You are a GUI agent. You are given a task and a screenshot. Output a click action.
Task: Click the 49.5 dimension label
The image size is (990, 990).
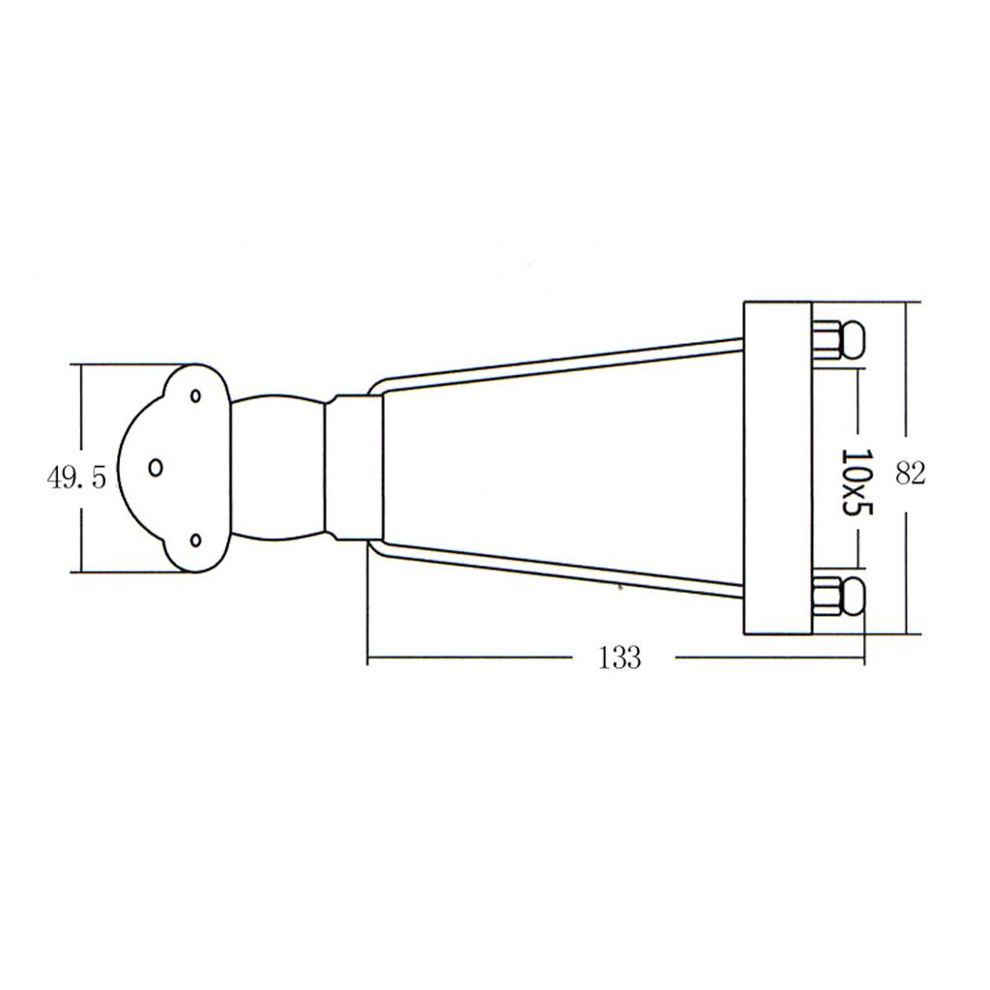(x=76, y=478)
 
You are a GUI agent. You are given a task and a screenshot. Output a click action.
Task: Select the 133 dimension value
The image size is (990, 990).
(x=620, y=657)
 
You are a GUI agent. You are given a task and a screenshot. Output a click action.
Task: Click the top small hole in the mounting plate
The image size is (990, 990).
(x=195, y=395)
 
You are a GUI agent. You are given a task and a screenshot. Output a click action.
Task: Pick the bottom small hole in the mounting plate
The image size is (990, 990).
(x=195, y=540)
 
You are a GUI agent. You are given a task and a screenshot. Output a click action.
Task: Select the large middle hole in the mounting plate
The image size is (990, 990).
(x=156, y=467)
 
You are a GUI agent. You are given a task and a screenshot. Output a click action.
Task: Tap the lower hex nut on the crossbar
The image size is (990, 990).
(x=826, y=595)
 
